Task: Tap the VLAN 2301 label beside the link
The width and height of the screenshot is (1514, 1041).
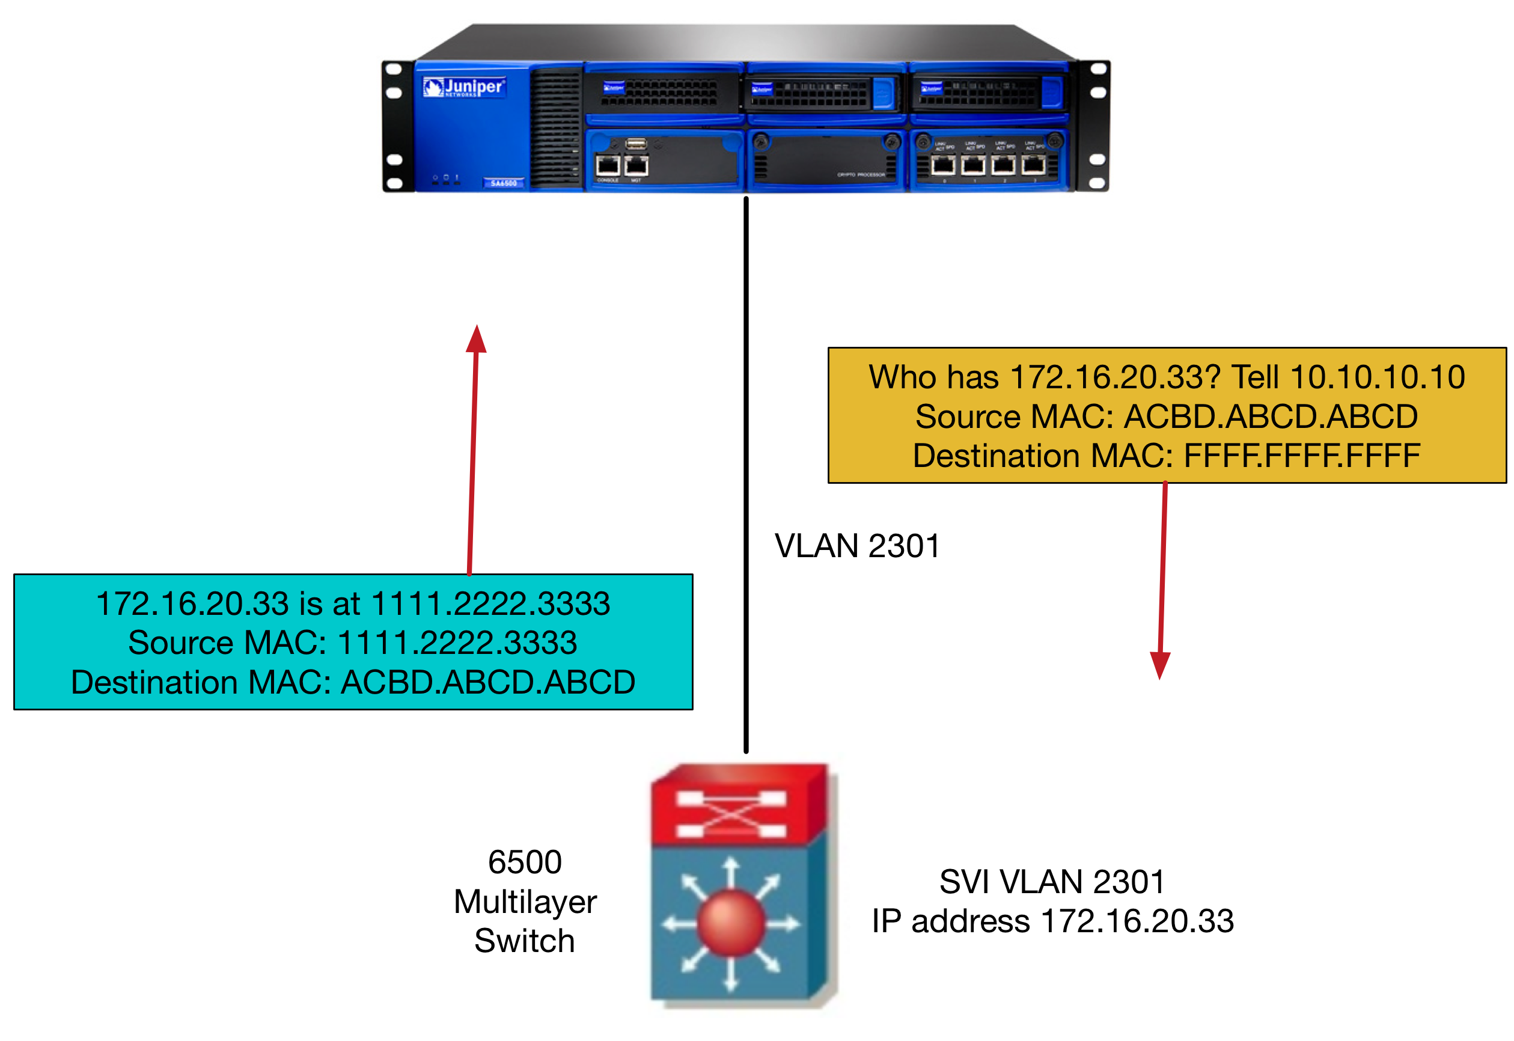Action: [856, 545]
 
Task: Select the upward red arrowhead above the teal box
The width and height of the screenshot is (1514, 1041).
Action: [476, 339]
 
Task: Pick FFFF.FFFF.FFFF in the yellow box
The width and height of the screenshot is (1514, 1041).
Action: [1301, 455]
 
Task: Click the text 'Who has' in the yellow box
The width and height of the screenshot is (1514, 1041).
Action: [933, 377]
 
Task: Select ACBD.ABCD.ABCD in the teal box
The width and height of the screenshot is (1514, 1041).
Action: [488, 682]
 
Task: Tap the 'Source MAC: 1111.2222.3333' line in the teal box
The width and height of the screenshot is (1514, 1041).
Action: [352, 643]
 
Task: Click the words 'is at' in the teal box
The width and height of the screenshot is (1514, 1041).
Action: [329, 603]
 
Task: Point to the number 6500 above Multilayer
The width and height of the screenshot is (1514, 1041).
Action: [525, 862]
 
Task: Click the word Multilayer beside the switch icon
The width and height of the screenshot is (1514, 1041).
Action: [525, 902]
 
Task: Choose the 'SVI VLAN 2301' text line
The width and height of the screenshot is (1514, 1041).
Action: [1052, 881]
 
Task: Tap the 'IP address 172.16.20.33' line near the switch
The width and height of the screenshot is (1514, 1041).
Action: [1052, 921]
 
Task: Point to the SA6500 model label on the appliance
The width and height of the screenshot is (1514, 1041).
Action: [503, 183]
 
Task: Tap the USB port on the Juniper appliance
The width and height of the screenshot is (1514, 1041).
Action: [635, 144]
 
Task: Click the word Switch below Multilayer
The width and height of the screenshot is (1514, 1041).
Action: [525, 941]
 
